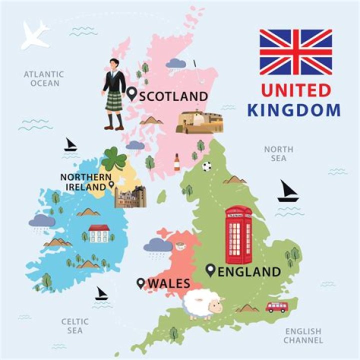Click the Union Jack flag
point(295,52)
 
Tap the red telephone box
point(238,235)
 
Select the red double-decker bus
point(276,306)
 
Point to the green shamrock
point(114,159)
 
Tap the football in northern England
point(206,166)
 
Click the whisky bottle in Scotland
point(176,163)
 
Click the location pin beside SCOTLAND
point(132,93)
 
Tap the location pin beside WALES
point(141,283)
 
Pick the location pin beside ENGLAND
point(211,271)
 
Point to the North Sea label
point(275,153)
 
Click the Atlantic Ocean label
point(44,78)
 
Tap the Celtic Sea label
point(75,326)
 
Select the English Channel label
point(303,335)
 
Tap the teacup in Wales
point(179,246)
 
